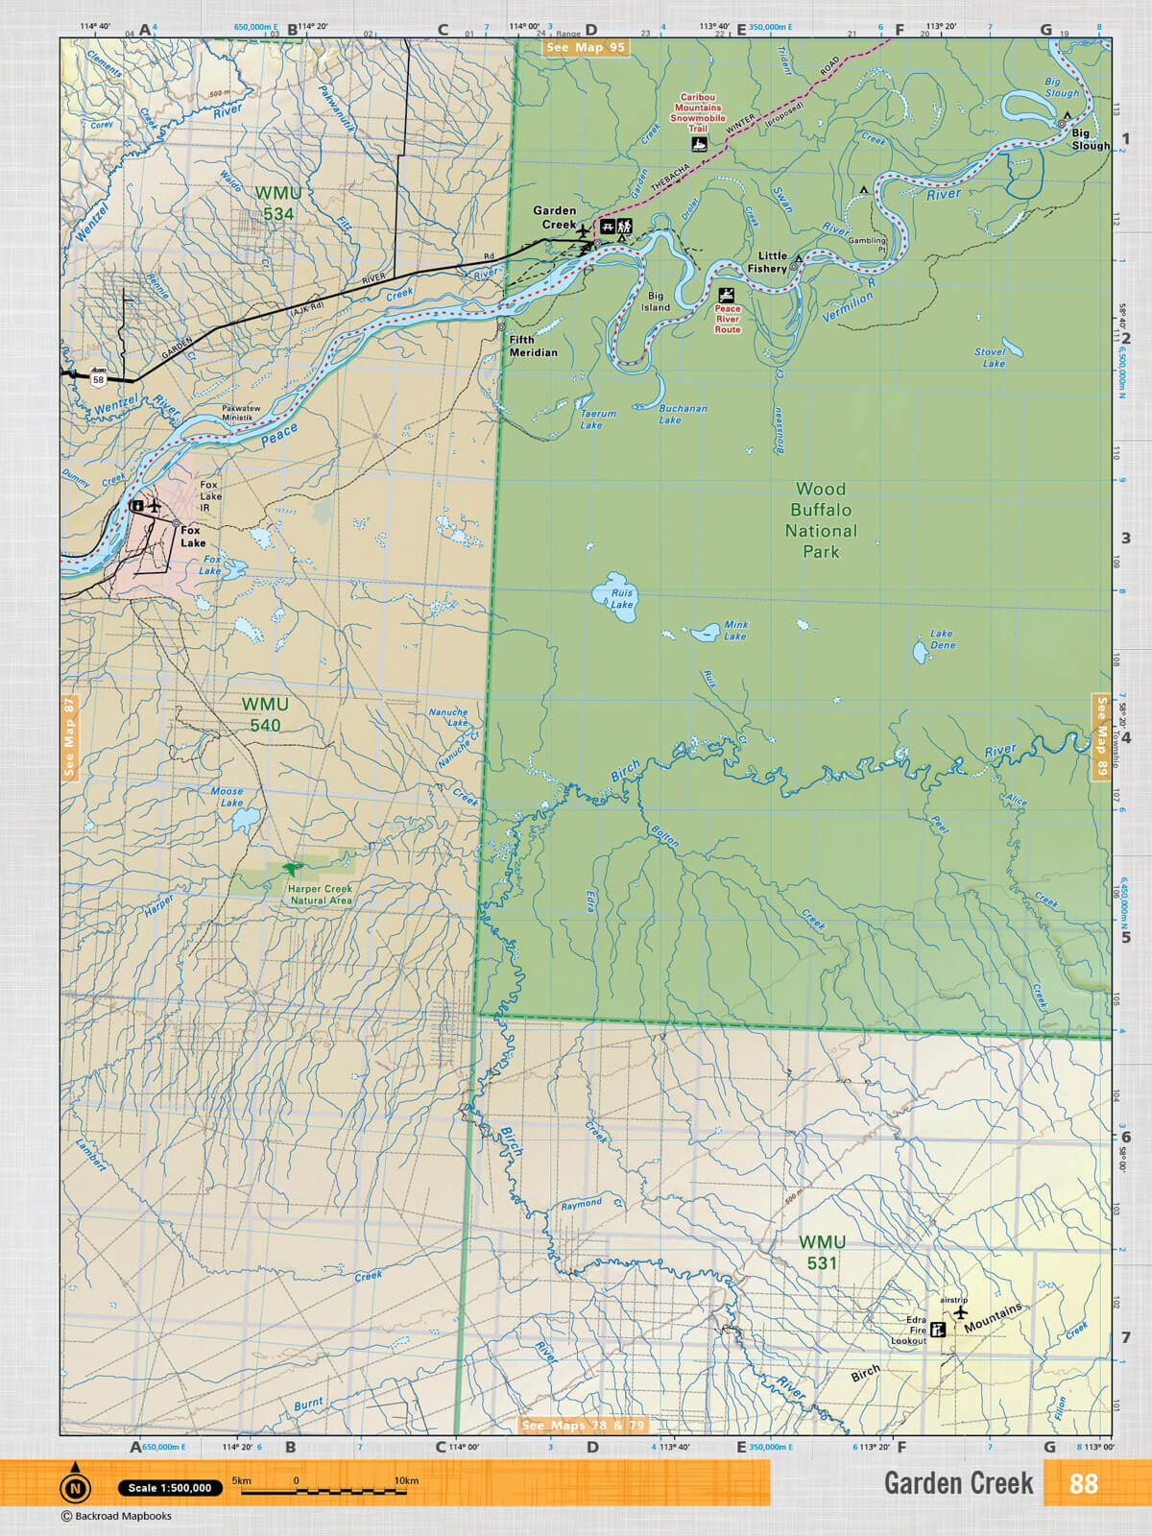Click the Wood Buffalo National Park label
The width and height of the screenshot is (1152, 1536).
[x=821, y=520]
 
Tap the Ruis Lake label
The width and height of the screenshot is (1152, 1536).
[x=622, y=599]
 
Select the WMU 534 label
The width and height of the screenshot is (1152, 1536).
[x=278, y=204]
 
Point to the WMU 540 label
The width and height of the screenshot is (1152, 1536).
[x=265, y=714]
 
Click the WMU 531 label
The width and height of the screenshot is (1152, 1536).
[x=823, y=1253]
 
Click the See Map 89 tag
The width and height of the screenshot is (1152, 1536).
[x=1101, y=737]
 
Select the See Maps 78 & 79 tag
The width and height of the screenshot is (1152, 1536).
[x=583, y=1426]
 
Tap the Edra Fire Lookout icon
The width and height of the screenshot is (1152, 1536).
[x=939, y=1330]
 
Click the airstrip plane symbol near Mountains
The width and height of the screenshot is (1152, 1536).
[x=960, y=1312]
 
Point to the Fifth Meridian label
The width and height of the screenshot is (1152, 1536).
[x=533, y=346]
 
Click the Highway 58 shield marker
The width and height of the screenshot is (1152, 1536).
[x=98, y=379]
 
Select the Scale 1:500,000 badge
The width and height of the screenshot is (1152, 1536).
[x=170, y=1488]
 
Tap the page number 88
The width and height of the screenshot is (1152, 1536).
[x=1083, y=1483]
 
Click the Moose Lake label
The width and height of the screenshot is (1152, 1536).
[x=228, y=797]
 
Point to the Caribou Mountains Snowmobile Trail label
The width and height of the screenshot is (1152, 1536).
[x=698, y=112]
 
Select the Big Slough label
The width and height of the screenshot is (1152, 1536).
[x=1090, y=140]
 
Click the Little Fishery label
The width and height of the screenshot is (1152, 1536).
[x=766, y=262]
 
